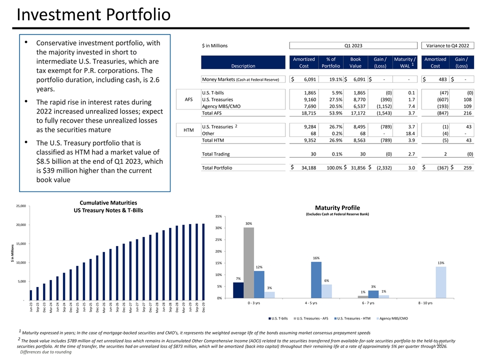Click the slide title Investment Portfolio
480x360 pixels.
click(93, 14)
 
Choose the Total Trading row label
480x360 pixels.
click(215, 154)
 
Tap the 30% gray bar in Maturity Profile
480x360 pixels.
click(248, 262)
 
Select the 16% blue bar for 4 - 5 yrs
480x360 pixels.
click(316, 279)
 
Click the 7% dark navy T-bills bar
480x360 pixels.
click(238, 290)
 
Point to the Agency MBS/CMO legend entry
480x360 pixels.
click(393, 318)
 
